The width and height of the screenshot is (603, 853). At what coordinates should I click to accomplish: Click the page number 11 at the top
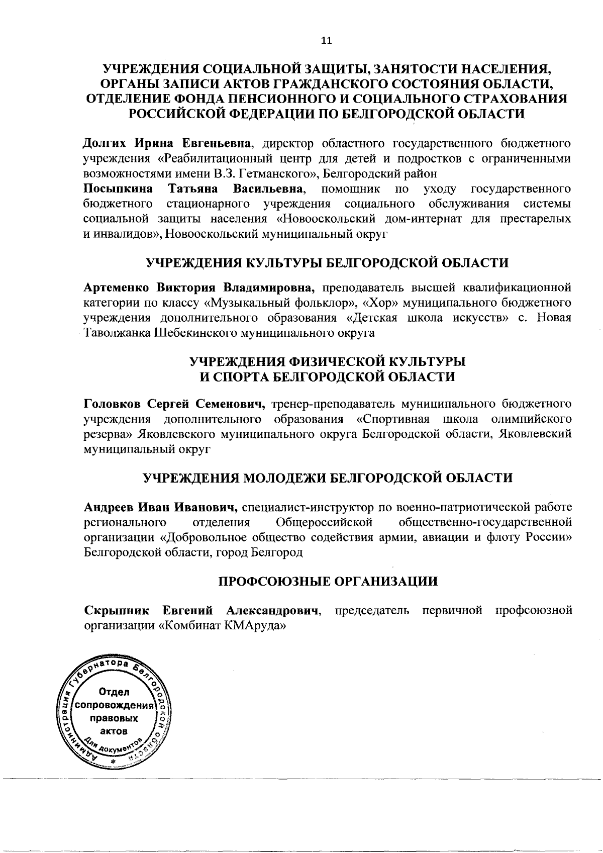tap(326, 42)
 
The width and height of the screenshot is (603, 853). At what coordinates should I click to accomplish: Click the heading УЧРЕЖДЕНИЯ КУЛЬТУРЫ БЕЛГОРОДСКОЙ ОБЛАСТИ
tap(327, 263)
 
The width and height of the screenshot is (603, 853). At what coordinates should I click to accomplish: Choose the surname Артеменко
tap(116, 288)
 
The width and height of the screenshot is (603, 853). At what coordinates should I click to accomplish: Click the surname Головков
tap(113, 404)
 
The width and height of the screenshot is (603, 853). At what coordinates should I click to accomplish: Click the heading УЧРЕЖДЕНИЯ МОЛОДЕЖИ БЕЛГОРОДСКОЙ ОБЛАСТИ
tap(327, 477)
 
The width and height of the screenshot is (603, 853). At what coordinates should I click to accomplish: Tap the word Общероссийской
tap(324, 522)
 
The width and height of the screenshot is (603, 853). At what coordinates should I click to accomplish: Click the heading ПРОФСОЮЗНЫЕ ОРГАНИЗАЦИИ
tap(328, 582)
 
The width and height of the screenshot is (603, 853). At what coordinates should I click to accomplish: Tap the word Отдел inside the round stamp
tap(115, 693)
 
